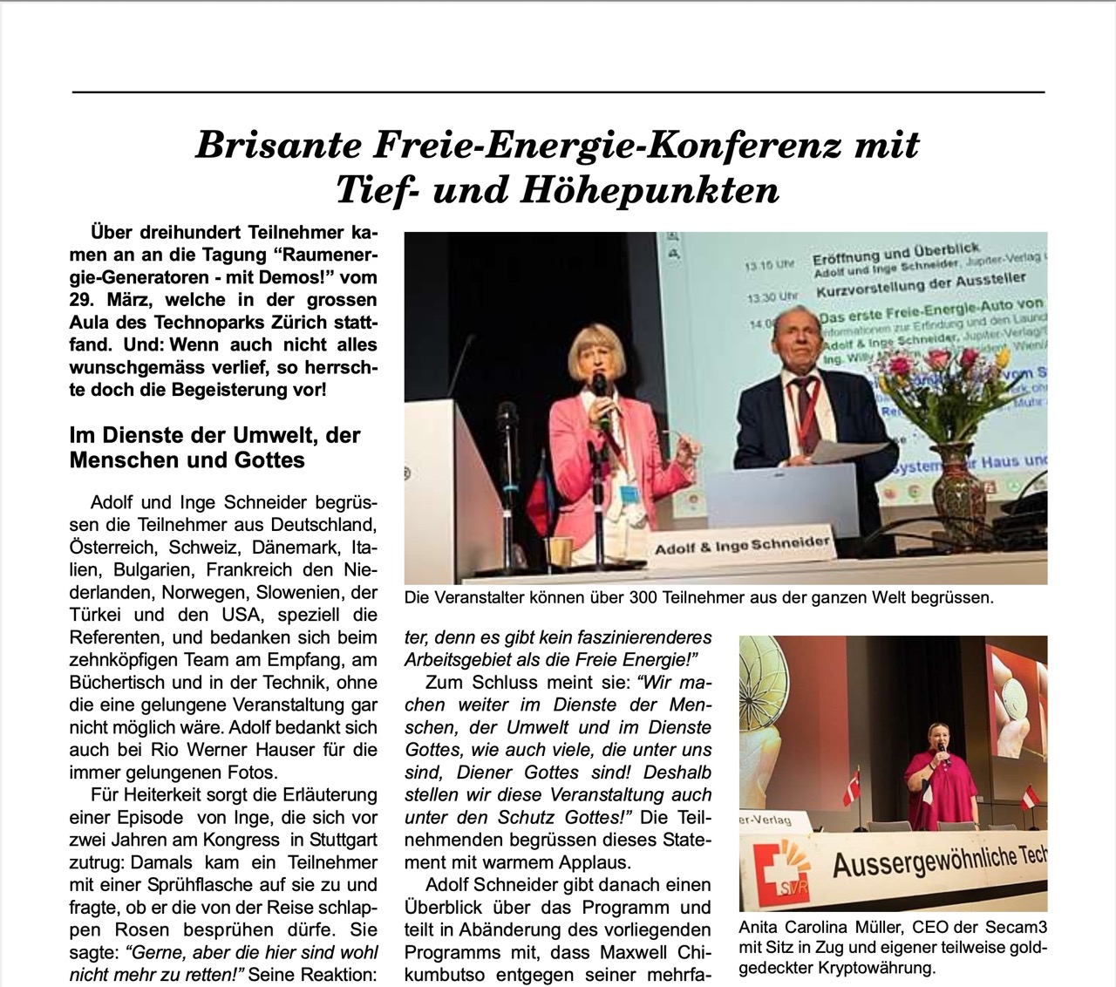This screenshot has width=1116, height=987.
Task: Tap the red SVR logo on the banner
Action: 769,875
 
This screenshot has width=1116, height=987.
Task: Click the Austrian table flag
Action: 1030,797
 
